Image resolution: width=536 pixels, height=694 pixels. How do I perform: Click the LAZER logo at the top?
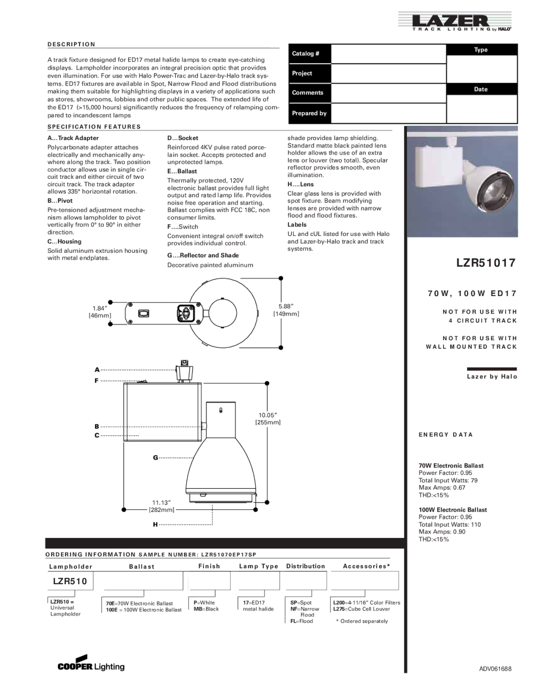pos(455,22)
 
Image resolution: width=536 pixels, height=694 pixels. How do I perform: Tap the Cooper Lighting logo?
pos(91,663)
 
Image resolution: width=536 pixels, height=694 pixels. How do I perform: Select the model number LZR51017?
pos(485,263)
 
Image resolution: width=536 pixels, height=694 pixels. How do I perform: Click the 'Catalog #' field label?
pos(305,54)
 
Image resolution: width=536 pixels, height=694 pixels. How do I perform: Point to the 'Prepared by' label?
pos(309,113)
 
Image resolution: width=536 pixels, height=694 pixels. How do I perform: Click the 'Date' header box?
pos(481,89)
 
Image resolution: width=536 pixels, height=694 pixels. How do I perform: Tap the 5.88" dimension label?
pos(286,310)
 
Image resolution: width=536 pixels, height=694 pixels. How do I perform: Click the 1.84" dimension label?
pos(100,311)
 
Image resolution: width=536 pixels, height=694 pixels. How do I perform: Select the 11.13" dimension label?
pos(161,506)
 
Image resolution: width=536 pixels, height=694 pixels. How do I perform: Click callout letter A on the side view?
pos(97,370)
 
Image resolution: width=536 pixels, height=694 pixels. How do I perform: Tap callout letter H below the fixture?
pos(155,525)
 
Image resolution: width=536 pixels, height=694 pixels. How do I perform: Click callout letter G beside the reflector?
pos(155,458)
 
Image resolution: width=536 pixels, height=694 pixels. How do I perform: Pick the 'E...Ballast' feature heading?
pos(182,171)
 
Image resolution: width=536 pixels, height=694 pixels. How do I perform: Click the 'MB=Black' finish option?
pos(206,609)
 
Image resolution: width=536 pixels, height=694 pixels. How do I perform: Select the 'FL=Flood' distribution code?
pos(302,621)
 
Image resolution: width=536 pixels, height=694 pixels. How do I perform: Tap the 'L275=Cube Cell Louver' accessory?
pos(361,609)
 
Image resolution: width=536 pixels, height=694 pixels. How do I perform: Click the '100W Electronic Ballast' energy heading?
pos(453,510)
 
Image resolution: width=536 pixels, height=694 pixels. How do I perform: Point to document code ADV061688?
pos(495,669)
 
